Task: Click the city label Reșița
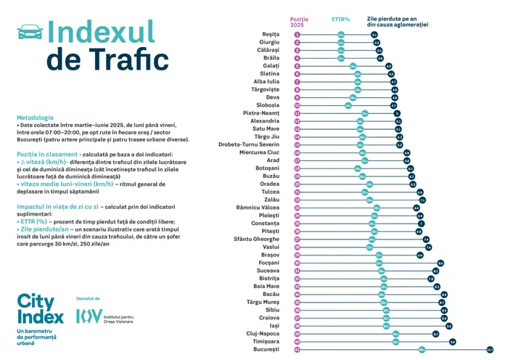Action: click(x=270, y=34)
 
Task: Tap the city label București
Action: click(x=266, y=349)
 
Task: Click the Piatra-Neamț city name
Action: click(x=261, y=113)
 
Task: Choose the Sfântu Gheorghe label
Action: click(x=257, y=239)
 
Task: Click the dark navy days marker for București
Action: click(x=491, y=349)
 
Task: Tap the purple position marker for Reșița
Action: click(x=298, y=34)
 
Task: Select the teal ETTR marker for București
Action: click(x=422, y=349)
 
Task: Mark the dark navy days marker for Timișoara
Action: click(x=452, y=341)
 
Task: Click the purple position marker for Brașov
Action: click(x=298, y=255)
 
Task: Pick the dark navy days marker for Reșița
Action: click(x=374, y=34)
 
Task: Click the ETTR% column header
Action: click(x=341, y=20)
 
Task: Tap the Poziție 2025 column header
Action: click(x=299, y=22)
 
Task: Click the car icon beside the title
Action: click(x=29, y=31)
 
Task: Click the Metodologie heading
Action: click(x=35, y=118)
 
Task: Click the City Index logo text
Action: click(x=36, y=308)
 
